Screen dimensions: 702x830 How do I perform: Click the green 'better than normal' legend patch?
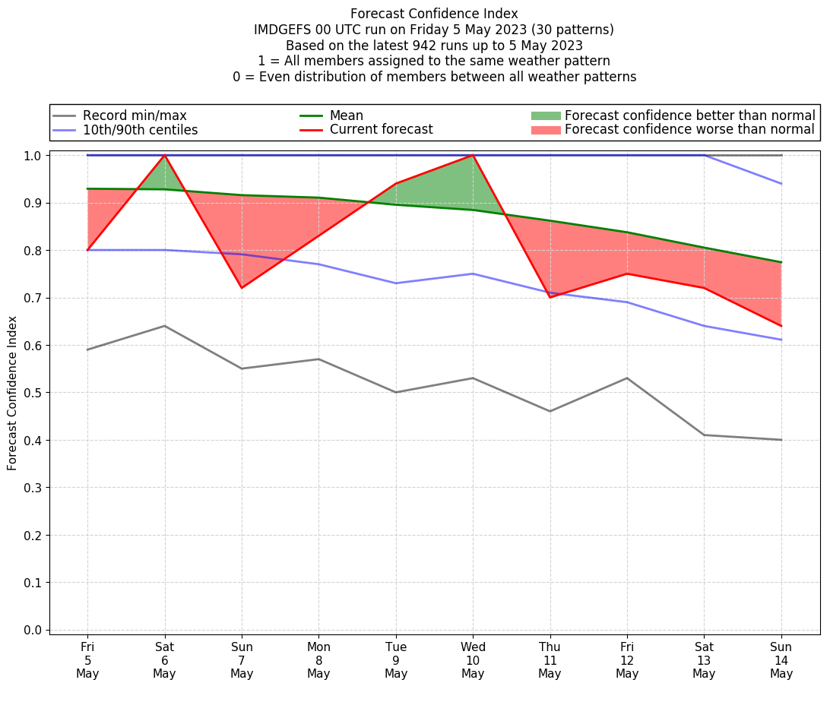pyautogui.click(x=546, y=115)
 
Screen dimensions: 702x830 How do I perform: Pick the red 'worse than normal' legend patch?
pyautogui.click(x=546, y=130)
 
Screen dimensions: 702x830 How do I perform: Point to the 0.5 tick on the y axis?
pyautogui.click(x=34, y=393)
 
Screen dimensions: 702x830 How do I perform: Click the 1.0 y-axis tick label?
pyautogui.click(x=34, y=156)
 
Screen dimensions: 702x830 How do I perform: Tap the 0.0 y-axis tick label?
pyautogui.click(x=34, y=630)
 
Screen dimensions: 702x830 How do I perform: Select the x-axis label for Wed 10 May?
pyautogui.click(x=473, y=659)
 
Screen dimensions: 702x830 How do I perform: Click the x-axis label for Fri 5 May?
pyautogui.click(x=87, y=659)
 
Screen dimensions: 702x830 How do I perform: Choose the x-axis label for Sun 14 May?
pyautogui.click(x=781, y=659)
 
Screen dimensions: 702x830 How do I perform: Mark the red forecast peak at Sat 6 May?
pyautogui.click(x=165, y=155)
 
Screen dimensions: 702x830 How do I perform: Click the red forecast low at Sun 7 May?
pyautogui.click(x=242, y=288)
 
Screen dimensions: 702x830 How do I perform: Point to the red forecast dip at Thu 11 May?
pyautogui.click(x=550, y=297)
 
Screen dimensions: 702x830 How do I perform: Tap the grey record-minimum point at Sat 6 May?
pyautogui.click(x=165, y=326)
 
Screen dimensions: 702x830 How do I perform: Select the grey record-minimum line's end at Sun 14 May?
pyautogui.click(x=781, y=440)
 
